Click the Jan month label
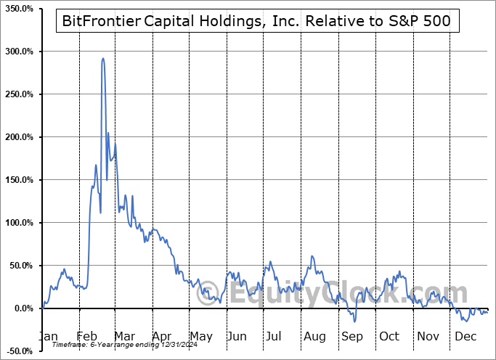(x=49, y=337)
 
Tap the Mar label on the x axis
(x=124, y=337)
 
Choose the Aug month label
(x=314, y=337)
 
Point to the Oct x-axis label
(x=389, y=337)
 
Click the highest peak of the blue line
(x=102, y=59)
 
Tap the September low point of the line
(x=355, y=321)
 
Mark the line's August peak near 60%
(x=312, y=256)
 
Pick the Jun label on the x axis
(x=237, y=337)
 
